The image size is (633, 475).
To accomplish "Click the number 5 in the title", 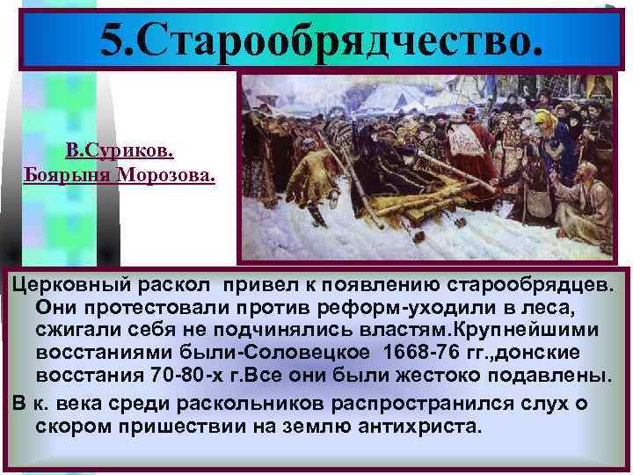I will coord(116,40).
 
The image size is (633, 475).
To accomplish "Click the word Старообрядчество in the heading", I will coord(335,40).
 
